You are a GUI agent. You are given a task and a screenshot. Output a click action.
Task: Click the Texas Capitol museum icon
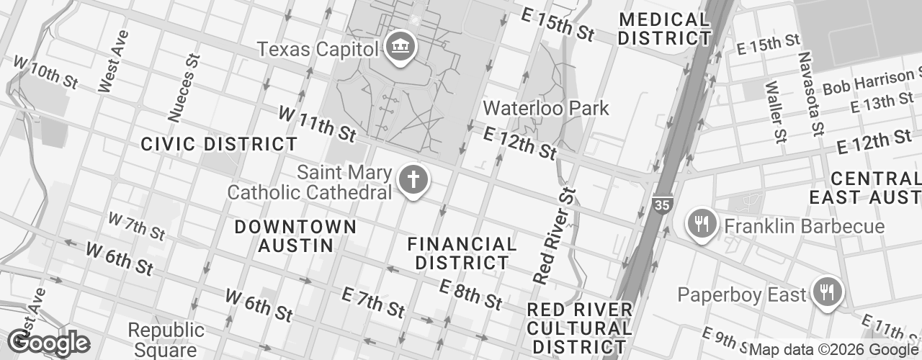(x=398, y=48)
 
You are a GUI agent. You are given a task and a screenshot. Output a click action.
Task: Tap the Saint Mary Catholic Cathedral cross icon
(x=413, y=183)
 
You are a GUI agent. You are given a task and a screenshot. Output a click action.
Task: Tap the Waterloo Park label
(x=546, y=109)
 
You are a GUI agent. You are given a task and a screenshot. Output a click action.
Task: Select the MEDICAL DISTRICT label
(x=664, y=29)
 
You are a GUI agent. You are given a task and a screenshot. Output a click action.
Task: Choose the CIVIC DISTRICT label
(x=219, y=144)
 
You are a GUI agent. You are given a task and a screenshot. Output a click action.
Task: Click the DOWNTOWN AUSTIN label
(x=296, y=236)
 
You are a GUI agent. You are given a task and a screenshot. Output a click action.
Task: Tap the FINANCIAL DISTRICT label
(x=462, y=253)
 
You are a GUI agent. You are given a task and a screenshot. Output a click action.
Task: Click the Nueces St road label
(x=183, y=86)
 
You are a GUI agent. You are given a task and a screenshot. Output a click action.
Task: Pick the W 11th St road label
(x=318, y=124)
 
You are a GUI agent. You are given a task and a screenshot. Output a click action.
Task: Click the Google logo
(x=48, y=343)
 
